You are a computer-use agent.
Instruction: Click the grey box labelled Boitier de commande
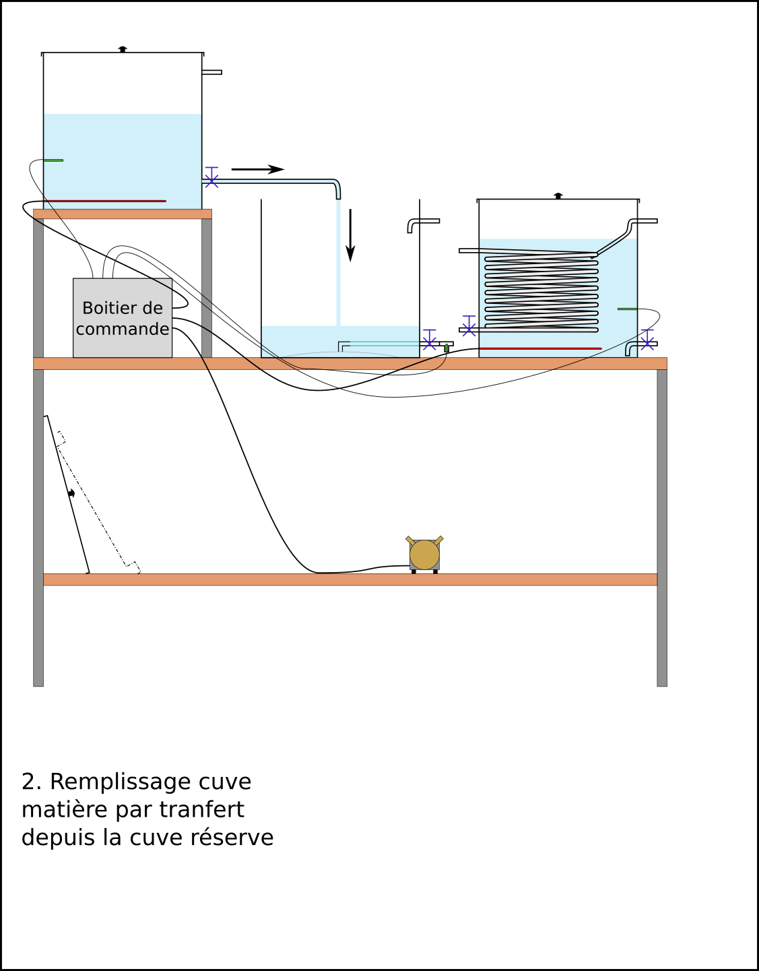click(123, 317)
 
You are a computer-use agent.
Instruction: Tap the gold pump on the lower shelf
click(424, 555)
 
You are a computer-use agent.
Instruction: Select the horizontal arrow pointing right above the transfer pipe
click(258, 169)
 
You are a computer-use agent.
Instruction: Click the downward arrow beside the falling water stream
click(350, 235)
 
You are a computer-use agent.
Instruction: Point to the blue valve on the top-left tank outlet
click(211, 177)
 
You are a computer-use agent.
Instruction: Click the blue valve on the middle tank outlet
click(429, 340)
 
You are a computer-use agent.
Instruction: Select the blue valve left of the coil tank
click(469, 326)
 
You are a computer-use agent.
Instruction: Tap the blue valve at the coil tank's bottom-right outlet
click(647, 340)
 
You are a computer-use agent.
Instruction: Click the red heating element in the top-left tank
click(105, 201)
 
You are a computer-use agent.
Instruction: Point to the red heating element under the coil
click(540, 348)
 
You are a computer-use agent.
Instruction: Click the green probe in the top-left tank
click(53, 160)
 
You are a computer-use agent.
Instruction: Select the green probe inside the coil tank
click(627, 309)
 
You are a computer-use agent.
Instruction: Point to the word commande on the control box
click(123, 329)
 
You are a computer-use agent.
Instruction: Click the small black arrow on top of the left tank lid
click(123, 49)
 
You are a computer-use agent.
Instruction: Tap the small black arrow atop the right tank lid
click(558, 195)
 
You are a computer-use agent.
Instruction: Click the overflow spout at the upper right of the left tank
click(211, 72)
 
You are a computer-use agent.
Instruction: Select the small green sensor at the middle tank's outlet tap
click(447, 348)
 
